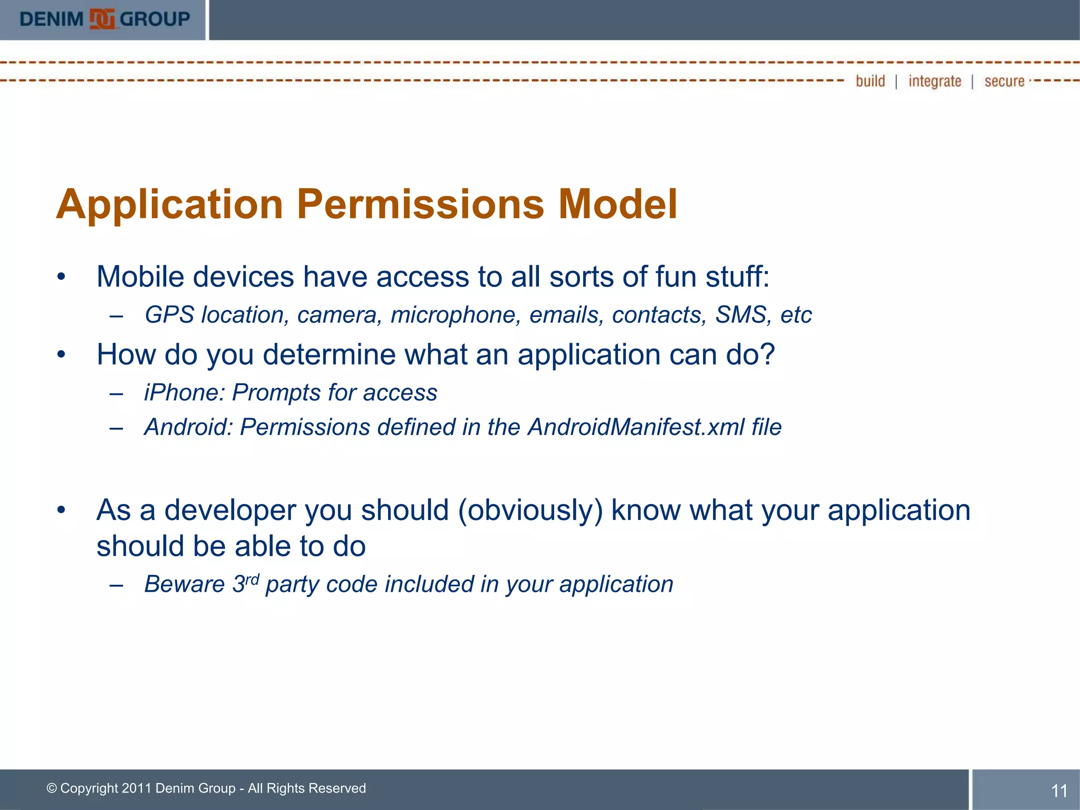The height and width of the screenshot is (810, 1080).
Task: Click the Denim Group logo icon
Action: (102, 20)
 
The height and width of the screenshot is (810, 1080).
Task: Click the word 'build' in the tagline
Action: (870, 81)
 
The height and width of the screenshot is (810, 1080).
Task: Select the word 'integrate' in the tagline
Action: (934, 81)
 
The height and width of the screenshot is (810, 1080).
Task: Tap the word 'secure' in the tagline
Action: (1004, 81)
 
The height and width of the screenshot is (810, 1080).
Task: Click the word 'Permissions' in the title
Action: (420, 205)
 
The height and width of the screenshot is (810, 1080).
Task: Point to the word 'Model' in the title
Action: (618, 205)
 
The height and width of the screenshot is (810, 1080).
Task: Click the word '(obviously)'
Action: (530, 511)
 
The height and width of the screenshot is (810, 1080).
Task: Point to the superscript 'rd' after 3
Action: (252, 580)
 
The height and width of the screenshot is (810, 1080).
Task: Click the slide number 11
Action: (1059, 790)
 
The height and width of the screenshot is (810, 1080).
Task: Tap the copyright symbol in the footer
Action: (52, 788)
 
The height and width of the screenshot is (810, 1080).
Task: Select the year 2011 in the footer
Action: (137, 788)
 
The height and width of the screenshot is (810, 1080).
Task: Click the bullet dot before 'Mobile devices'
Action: (62, 276)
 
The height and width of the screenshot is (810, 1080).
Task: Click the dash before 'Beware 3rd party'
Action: (117, 585)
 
